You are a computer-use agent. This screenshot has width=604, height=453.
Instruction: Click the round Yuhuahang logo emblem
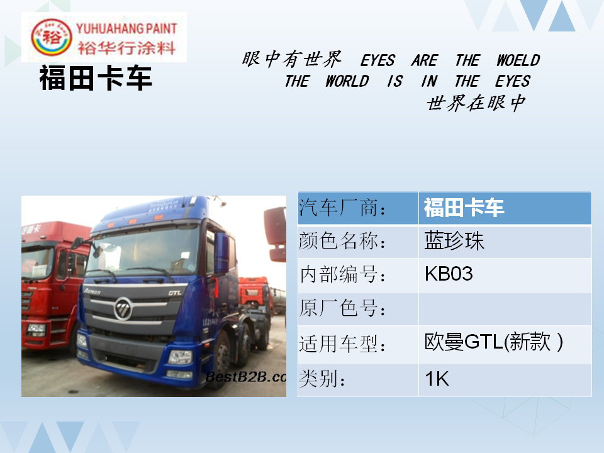click(x=51, y=37)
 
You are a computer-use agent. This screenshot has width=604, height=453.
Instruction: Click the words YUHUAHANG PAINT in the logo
click(x=126, y=28)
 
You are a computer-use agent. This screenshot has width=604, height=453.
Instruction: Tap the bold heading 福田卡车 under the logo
click(x=96, y=78)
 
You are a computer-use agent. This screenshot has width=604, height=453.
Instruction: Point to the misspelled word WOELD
click(x=518, y=60)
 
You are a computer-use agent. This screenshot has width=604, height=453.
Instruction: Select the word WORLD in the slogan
click(x=347, y=81)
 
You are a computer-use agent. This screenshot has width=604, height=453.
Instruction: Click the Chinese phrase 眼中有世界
click(x=291, y=59)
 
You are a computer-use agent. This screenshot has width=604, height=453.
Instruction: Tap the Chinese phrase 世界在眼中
click(x=476, y=103)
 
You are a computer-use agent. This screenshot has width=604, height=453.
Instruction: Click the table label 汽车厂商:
click(x=342, y=208)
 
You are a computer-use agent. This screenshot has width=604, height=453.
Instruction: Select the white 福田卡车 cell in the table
click(x=464, y=208)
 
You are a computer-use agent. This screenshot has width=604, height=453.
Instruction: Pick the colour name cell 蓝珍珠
click(x=454, y=241)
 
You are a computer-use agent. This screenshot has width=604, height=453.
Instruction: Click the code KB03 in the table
click(x=449, y=274)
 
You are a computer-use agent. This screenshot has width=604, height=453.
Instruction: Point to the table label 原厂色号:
click(x=342, y=308)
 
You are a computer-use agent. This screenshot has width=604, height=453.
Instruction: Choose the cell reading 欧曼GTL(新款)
click(x=493, y=342)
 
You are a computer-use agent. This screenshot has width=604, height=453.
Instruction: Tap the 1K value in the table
click(x=437, y=379)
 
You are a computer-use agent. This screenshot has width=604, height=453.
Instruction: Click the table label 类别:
click(x=322, y=378)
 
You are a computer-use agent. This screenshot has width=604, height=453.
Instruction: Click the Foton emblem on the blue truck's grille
click(x=123, y=308)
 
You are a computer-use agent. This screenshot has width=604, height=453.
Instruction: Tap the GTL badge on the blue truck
click(x=175, y=293)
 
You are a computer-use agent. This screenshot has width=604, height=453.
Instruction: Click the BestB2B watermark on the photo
click(x=246, y=377)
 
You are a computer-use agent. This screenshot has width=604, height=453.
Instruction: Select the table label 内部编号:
click(x=342, y=275)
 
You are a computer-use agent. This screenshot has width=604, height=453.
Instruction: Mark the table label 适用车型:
click(x=342, y=344)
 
